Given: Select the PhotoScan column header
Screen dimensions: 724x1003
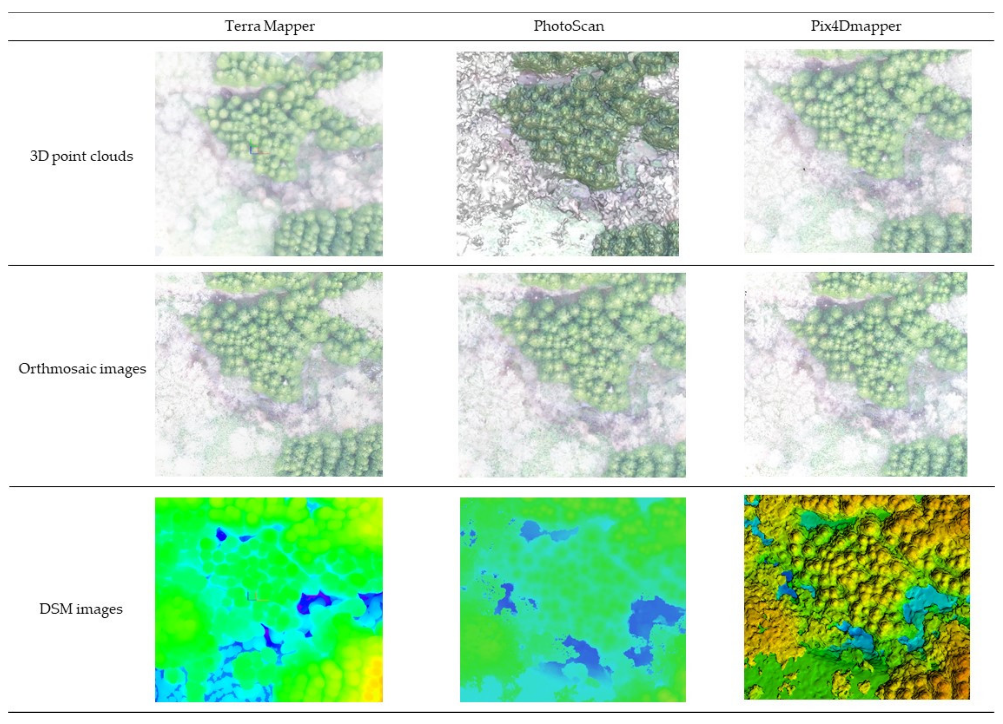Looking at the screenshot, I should [569, 26].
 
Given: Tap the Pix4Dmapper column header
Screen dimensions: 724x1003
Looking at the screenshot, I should [855, 26].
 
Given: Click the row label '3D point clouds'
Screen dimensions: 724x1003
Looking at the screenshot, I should [81, 156].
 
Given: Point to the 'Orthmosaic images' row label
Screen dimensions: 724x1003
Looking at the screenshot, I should [82, 369].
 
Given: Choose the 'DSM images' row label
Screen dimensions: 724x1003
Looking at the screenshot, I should [81, 609].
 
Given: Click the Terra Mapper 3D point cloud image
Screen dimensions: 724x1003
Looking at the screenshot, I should [269, 154].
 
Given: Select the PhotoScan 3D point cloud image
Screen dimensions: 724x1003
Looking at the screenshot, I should [568, 154].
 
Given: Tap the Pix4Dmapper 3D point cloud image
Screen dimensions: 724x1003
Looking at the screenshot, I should [857, 151].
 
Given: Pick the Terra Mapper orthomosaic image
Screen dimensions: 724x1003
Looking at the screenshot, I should [269, 374].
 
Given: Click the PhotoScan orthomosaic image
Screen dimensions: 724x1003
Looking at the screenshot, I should [572, 374].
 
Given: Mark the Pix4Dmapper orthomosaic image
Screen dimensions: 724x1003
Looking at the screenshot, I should [855, 374].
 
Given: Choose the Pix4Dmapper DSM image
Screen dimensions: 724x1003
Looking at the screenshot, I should [857, 597].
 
